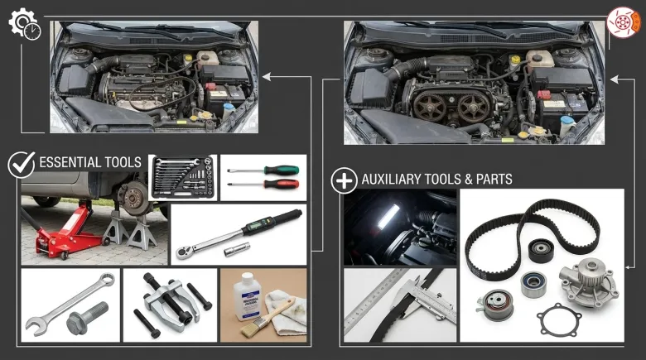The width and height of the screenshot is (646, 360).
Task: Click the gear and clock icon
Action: (x=25, y=24)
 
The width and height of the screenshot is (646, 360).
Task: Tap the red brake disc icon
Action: (x=623, y=22)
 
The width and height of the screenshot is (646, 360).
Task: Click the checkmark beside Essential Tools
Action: (x=22, y=165)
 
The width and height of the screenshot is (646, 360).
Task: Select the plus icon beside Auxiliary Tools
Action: (x=344, y=180)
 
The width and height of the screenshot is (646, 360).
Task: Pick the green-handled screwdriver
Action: (x=263, y=170)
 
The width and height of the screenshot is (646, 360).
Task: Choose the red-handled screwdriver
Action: (x=264, y=184)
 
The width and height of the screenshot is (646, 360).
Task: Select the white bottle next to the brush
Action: (x=246, y=297)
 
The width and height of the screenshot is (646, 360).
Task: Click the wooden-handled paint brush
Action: (x=263, y=318)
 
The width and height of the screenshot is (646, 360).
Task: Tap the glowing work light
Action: (x=389, y=216)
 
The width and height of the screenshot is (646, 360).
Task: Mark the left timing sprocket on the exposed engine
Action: (x=430, y=106)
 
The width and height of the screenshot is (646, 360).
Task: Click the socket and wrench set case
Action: (x=182, y=178)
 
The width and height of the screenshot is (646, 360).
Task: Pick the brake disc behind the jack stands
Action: (x=134, y=198)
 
